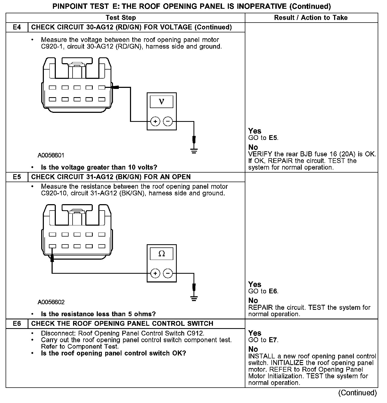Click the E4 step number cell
[17, 27]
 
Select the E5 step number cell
[17, 177]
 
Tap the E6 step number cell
[17, 324]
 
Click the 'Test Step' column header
[121, 18]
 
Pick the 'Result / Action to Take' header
[311, 18]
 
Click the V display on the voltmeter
[162, 102]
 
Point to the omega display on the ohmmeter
[162, 254]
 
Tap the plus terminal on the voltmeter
[155, 122]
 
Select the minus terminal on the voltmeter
[168, 122]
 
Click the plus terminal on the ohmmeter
[155, 273]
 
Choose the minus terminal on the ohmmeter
[168, 273]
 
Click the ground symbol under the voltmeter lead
[194, 152]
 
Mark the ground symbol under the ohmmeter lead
[194, 299]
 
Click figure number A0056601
[51, 155]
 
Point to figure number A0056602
[51, 302]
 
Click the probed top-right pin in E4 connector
[102, 87]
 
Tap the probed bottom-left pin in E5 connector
[52, 246]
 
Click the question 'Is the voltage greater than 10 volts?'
[99, 167]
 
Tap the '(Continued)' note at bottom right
[357, 393]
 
